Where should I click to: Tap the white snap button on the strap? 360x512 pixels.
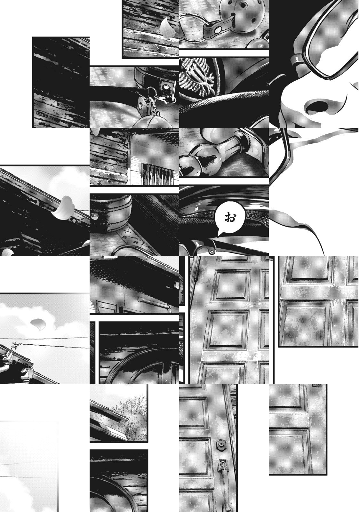click(x=219, y=29)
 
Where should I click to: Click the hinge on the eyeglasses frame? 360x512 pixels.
click(x=297, y=60)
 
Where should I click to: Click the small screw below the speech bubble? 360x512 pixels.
click(x=212, y=252)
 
